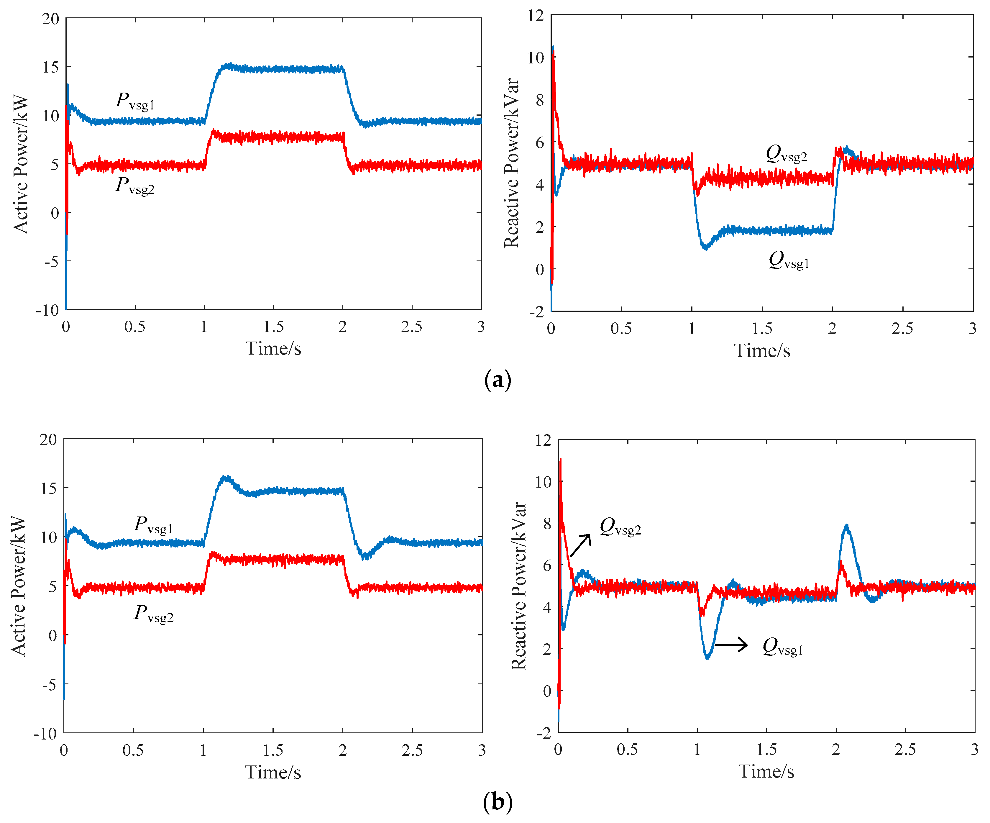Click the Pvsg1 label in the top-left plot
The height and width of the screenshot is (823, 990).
click(x=135, y=101)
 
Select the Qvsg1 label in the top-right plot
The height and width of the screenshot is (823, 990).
click(x=789, y=260)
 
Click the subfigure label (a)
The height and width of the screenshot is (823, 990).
click(x=497, y=380)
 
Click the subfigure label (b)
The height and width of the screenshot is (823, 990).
click(x=497, y=801)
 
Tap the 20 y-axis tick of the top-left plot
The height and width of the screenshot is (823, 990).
click(x=50, y=19)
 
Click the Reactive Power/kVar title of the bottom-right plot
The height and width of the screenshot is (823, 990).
click(x=518, y=586)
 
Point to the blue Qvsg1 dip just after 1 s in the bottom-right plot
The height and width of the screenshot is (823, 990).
click(x=707, y=657)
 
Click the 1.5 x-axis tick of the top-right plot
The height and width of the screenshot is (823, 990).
click(x=762, y=328)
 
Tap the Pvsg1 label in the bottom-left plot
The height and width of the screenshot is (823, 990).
click(x=154, y=525)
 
